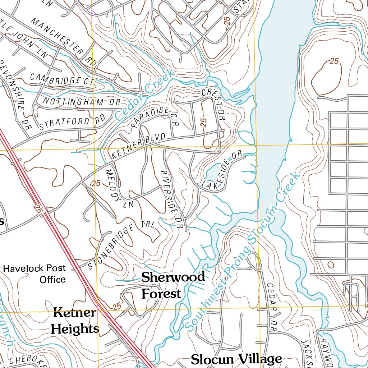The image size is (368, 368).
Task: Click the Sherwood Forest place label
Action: [x=161, y=285]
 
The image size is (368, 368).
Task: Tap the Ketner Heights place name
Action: [x=75, y=321]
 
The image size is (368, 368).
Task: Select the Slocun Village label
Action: [x=236, y=359]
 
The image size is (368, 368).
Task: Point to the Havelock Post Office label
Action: [x=35, y=274]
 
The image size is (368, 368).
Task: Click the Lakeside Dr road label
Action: [x=223, y=172]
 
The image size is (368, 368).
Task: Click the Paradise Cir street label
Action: [x=155, y=118]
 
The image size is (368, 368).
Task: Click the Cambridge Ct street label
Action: [x=61, y=79]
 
